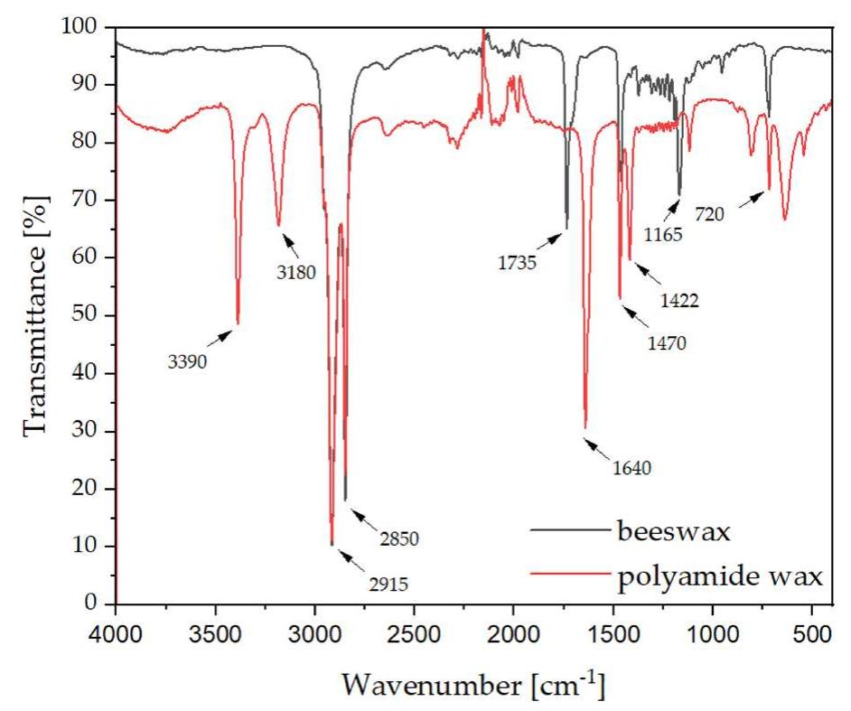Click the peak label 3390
pyautogui.click(x=187, y=362)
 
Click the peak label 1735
pyautogui.click(x=517, y=264)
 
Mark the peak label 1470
pyautogui.click(x=667, y=342)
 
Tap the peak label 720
pyautogui.click(x=709, y=215)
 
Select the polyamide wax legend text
pyautogui.click(x=720, y=574)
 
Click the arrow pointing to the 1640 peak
pyautogui.click(x=599, y=448)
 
